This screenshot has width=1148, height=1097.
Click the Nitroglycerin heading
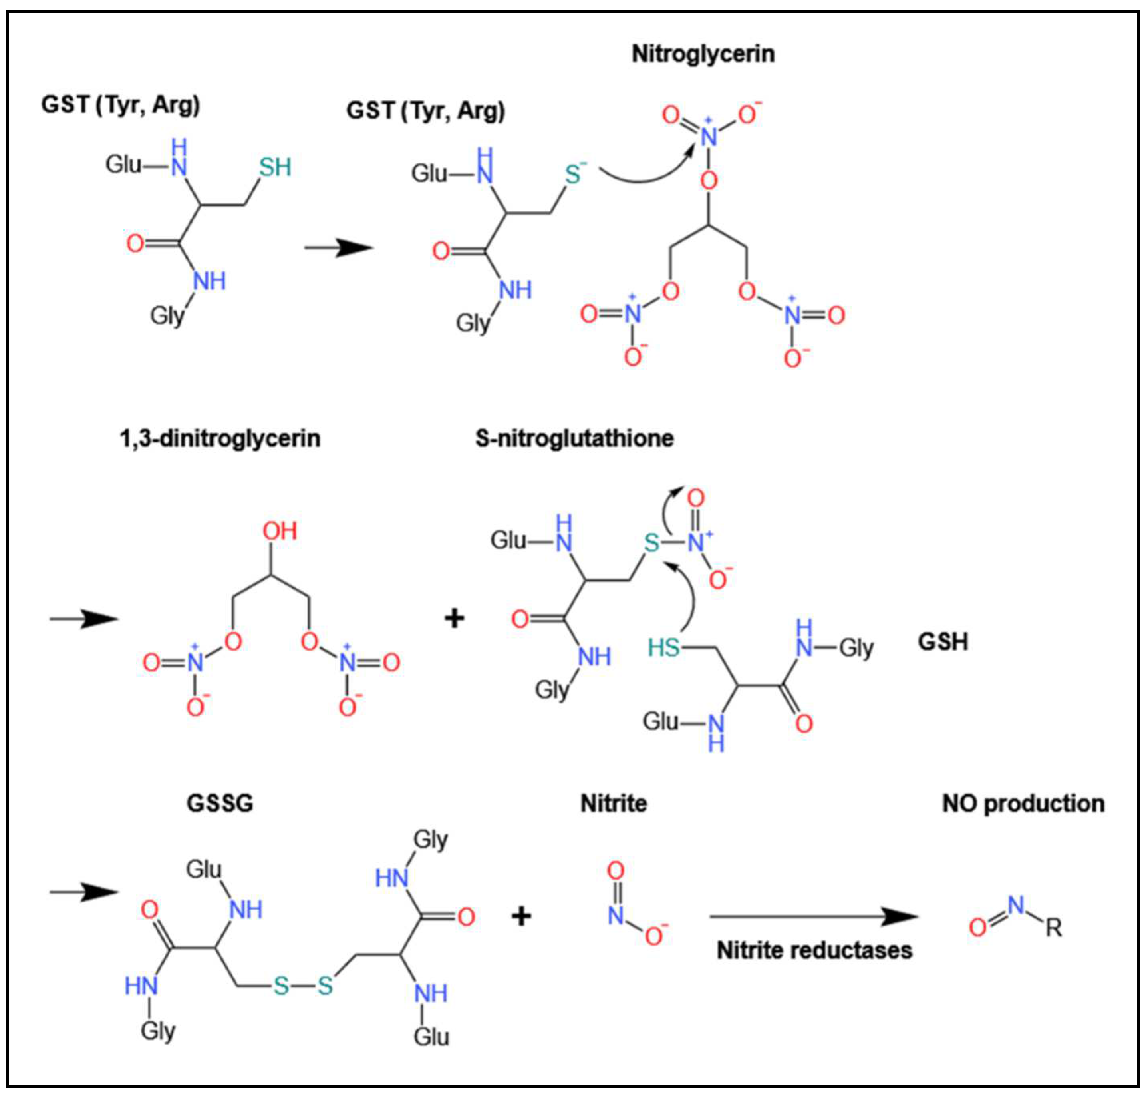click(703, 54)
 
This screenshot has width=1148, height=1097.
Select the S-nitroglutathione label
click(574, 438)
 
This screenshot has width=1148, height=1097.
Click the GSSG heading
click(220, 803)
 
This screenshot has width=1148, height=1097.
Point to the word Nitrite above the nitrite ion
click(613, 803)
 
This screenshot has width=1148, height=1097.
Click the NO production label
click(1023, 803)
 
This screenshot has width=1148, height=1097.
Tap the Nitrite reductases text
click(814, 950)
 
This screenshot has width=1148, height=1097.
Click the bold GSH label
click(943, 642)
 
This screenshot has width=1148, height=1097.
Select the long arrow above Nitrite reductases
click(812, 916)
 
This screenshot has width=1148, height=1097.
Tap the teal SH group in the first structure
click(275, 168)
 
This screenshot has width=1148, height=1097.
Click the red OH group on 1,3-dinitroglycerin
click(279, 531)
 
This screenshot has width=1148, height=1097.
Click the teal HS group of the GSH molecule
click(663, 647)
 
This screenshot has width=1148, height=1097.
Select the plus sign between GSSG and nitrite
click(521, 916)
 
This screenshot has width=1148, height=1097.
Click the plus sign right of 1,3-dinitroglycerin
click(454, 618)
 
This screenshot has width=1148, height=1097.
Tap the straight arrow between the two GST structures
click(338, 248)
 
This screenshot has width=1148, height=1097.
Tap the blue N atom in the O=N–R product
click(1016, 905)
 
